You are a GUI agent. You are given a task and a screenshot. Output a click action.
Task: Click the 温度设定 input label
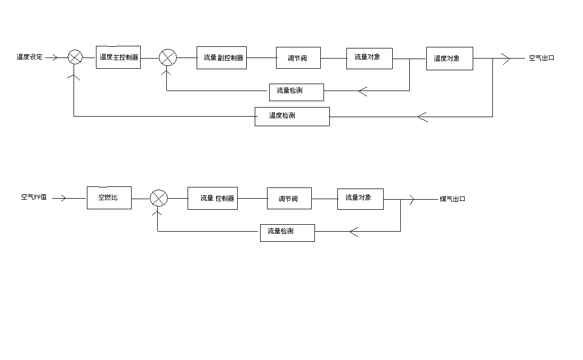pyautogui.click(x=29, y=57)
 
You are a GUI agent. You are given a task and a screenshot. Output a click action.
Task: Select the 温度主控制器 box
pyautogui.click(x=118, y=57)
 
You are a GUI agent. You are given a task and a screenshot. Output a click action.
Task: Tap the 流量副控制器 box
pyautogui.click(x=223, y=58)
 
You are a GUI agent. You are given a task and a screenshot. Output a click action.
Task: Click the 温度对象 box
pyautogui.click(x=449, y=59)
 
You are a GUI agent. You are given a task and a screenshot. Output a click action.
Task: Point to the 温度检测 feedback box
pyautogui.click(x=292, y=116)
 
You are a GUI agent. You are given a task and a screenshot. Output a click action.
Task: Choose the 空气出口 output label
pyautogui.click(x=541, y=58)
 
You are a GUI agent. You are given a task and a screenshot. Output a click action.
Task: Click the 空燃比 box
pyautogui.click(x=109, y=198)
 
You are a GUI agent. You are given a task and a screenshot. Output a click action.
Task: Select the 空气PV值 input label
pyautogui.click(x=34, y=197)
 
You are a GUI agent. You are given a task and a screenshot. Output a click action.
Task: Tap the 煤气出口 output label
pyautogui.click(x=452, y=199)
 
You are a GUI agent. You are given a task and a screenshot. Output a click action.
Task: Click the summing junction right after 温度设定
pyautogui.click(x=75, y=58)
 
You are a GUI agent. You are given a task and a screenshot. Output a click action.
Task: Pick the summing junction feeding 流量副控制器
pyautogui.click(x=168, y=58)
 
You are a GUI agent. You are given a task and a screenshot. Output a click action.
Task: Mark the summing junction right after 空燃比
pyautogui.click(x=158, y=199)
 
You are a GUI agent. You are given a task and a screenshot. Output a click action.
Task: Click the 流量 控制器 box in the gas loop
pyautogui.click(x=212, y=198)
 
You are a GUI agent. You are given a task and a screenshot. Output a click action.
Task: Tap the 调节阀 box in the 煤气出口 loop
pyautogui.click(x=289, y=199)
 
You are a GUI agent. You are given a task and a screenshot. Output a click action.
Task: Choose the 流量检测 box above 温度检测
pyautogui.click(x=296, y=91)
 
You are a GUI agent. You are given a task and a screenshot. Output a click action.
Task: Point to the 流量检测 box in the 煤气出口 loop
pyautogui.click(x=287, y=232)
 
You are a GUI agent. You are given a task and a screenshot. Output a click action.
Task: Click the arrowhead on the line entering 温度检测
pyautogui.click(x=423, y=117)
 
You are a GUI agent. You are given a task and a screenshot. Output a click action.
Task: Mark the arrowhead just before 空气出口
pyautogui.click(x=505, y=58)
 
